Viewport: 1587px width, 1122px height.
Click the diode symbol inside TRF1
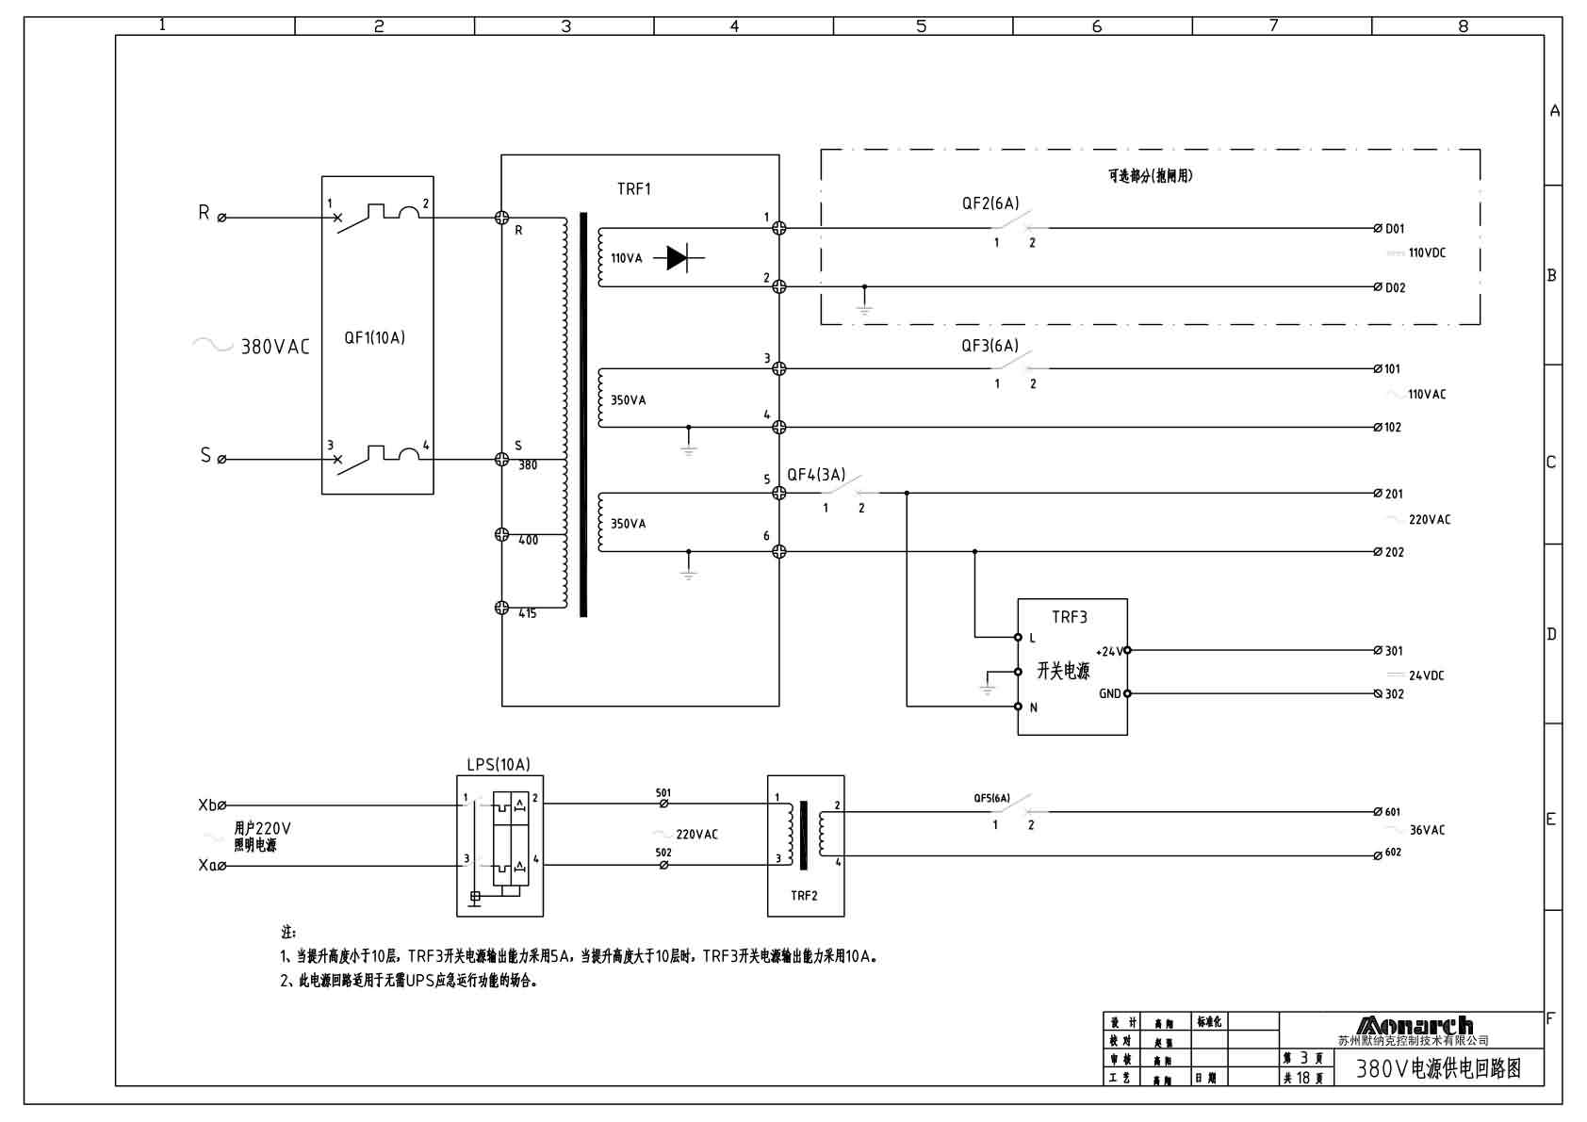(x=678, y=257)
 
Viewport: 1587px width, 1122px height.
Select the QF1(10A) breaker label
(x=374, y=337)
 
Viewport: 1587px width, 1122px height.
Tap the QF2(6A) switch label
(x=990, y=203)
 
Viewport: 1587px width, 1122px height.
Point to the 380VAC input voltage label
(x=274, y=347)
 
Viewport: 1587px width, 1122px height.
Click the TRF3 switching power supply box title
(x=1069, y=617)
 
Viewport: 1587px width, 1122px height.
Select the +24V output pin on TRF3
(x=1127, y=650)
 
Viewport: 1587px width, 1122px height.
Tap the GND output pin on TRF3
(x=1127, y=693)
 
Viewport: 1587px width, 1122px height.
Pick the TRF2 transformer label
(x=804, y=895)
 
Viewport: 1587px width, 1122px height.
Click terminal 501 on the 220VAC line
(x=663, y=803)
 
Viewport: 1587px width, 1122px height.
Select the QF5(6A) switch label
(x=991, y=798)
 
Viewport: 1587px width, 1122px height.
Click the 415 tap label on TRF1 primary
(x=528, y=613)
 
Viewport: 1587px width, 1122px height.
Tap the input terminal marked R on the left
(x=221, y=218)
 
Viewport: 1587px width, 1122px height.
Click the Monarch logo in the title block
(x=1414, y=1026)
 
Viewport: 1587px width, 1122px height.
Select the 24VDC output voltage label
(x=1425, y=675)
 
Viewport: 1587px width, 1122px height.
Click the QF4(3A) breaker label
(x=816, y=475)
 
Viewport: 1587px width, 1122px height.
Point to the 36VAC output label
(x=1426, y=830)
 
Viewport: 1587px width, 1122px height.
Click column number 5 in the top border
(x=922, y=26)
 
